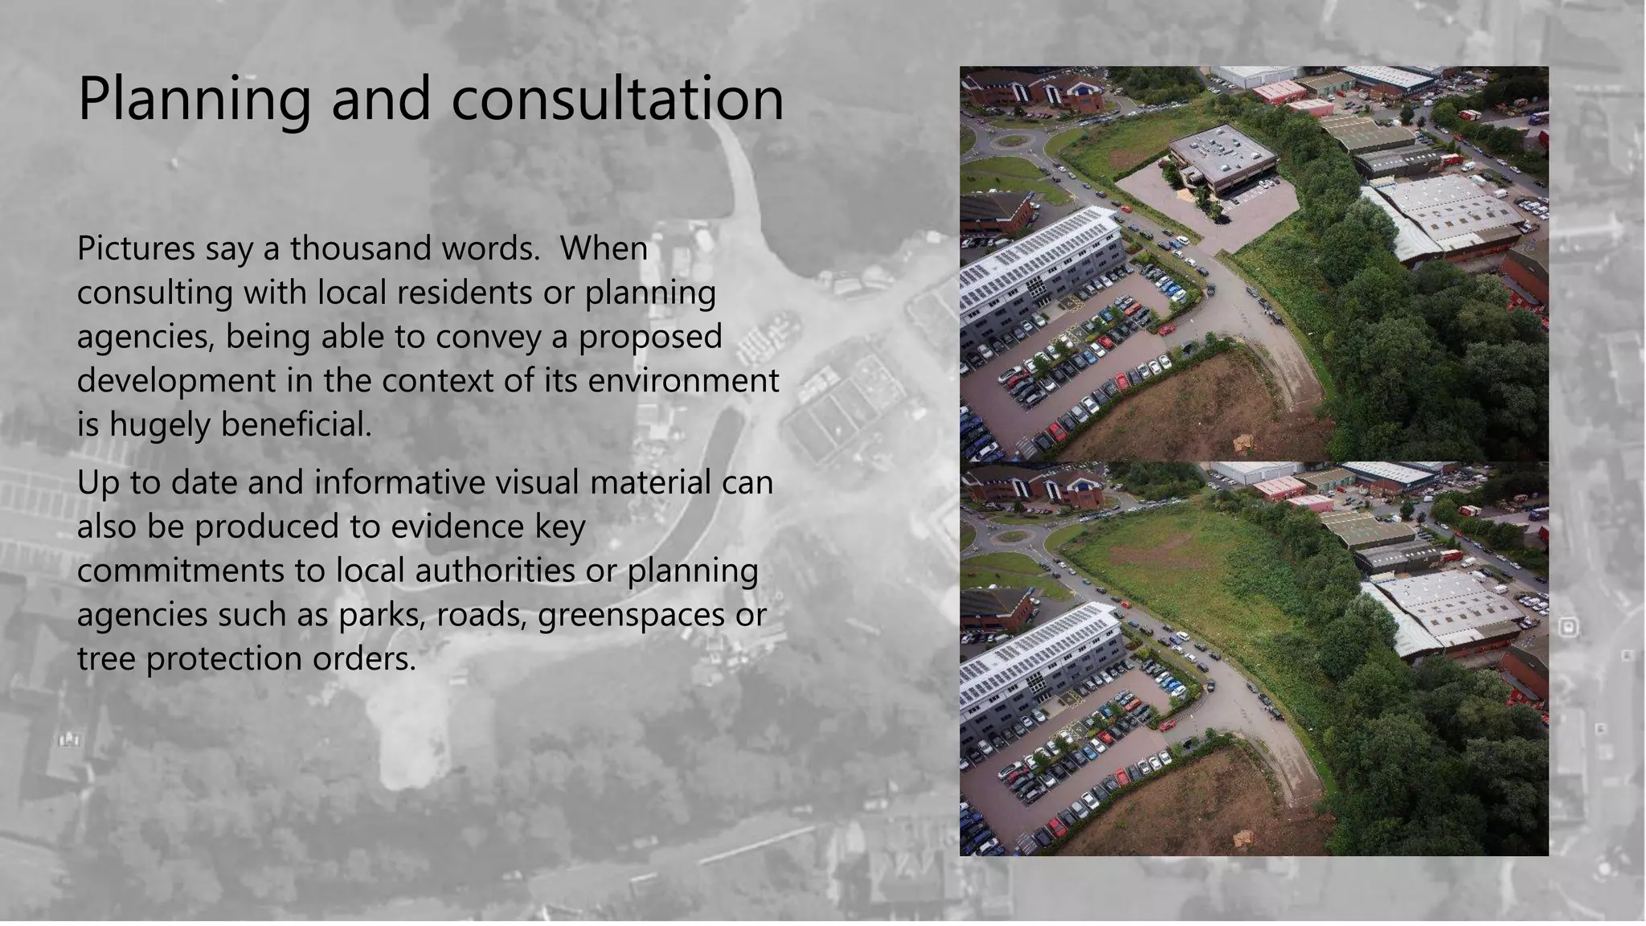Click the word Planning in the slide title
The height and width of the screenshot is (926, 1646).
(x=194, y=99)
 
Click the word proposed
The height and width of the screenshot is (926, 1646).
(x=650, y=337)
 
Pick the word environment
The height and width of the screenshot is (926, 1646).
(x=683, y=380)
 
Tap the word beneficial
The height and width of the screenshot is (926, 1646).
(x=297, y=424)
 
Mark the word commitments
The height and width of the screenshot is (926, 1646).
(x=181, y=571)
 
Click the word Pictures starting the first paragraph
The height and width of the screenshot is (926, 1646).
(x=136, y=248)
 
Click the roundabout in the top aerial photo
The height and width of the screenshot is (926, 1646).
(x=1011, y=141)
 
